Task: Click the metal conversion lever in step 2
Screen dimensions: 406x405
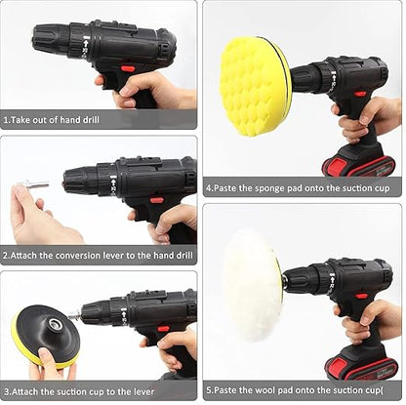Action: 33,185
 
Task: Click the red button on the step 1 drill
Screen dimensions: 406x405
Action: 129,68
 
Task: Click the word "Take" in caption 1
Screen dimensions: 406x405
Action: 20,120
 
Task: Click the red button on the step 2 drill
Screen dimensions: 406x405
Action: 156,200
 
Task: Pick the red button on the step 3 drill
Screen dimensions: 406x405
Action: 163,329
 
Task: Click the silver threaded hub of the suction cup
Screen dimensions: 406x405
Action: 52,323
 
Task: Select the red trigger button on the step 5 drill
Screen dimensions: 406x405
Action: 361,297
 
